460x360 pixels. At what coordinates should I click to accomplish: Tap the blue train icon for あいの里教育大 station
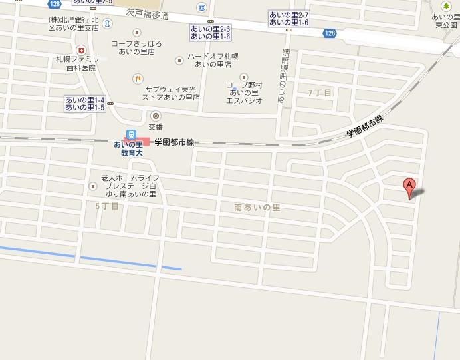[x=131, y=133]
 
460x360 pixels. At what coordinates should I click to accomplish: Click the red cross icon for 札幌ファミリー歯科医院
[x=81, y=50]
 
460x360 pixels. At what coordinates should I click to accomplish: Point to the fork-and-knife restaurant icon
[x=136, y=78]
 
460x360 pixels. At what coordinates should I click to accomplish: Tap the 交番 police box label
[x=156, y=126]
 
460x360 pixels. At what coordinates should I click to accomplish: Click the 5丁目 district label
[x=107, y=206]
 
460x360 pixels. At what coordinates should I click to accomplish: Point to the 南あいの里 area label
[x=258, y=207]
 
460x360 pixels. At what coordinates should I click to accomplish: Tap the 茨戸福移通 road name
[x=147, y=13]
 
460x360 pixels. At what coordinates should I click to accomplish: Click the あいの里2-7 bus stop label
[x=288, y=15]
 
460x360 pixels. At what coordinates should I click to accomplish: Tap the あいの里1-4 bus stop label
[x=85, y=99]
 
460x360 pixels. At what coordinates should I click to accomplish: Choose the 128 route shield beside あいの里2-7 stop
[x=330, y=33]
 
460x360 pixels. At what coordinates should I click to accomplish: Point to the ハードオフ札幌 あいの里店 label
[x=213, y=60]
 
